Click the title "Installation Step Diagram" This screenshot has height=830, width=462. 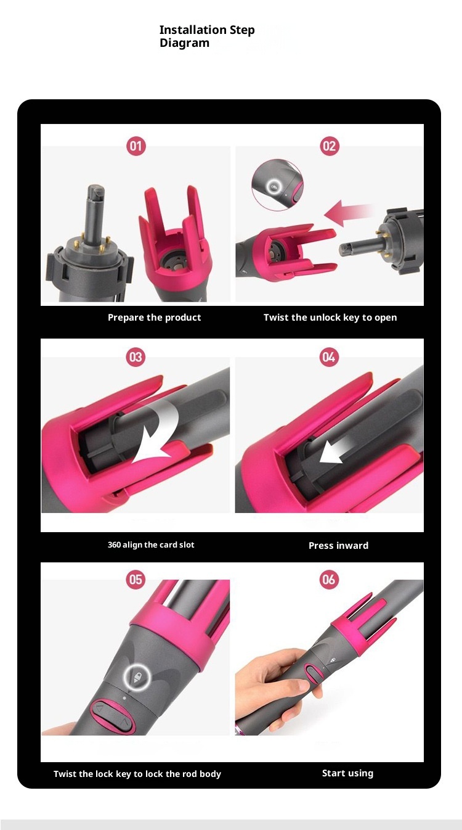(207, 36)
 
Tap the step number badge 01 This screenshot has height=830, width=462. (136, 146)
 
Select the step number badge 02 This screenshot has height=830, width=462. (329, 146)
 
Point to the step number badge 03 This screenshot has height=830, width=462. (136, 357)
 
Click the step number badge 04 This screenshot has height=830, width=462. (329, 357)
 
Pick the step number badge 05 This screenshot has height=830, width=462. (136, 580)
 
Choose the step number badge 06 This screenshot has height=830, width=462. (329, 580)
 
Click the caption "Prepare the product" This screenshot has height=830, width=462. (155, 318)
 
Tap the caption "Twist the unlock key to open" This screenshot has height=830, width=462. (330, 318)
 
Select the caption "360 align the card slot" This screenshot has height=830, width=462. (151, 544)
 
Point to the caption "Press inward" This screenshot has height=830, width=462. (338, 546)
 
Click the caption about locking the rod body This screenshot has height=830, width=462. (137, 774)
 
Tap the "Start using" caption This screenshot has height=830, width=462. (347, 773)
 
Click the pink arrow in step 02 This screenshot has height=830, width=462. (348, 213)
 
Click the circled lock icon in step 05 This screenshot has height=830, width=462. (137, 677)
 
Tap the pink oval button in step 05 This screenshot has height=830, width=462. (113, 716)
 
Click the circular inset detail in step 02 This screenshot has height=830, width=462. (277, 185)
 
